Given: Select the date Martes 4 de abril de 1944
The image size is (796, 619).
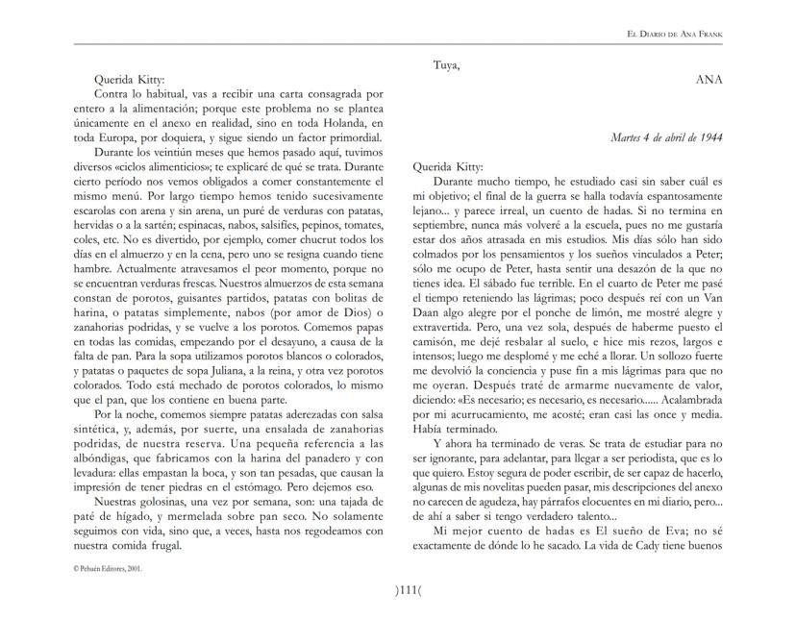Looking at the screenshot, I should pyautogui.click(x=667, y=137).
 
